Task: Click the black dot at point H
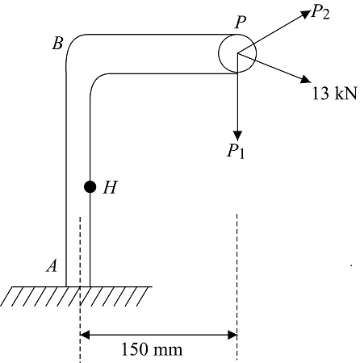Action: [90, 187]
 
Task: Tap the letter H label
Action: [111, 188]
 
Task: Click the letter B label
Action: [57, 44]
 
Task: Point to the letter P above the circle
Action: [241, 23]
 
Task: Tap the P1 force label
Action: [236, 152]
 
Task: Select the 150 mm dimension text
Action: [152, 350]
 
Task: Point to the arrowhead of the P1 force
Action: [237, 132]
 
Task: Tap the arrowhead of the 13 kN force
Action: [304, 80]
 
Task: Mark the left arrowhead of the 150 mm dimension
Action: [86, 333]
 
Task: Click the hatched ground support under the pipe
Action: [76, 296]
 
